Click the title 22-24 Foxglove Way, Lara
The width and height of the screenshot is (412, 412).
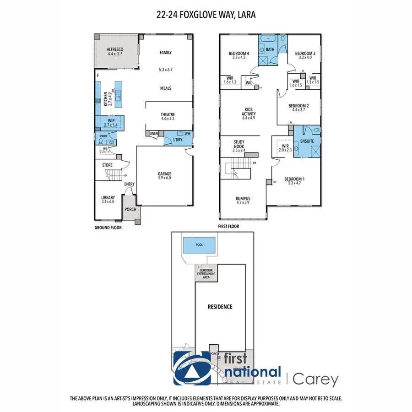[x=206, y=15]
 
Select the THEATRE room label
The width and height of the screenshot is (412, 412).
[x=168, y=114]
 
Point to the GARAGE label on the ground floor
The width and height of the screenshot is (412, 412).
[x=164, y=173]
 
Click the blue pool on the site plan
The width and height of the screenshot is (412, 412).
[x=199, y=246]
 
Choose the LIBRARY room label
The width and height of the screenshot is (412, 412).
[x=108, y=198]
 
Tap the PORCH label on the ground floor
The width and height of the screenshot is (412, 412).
[x=130, y=211]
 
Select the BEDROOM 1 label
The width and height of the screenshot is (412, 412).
[x=293, y=179]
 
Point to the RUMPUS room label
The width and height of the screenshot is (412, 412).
[x=243, y=198]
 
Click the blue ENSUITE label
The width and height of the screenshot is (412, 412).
[x=307, y=141]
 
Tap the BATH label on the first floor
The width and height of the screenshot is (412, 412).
[x=270, y=49]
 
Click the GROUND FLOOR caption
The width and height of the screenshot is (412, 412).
[x=108, y=227]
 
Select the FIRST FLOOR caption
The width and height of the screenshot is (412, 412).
[x=228, y=226]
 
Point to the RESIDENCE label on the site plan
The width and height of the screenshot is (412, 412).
[x=220, y=307]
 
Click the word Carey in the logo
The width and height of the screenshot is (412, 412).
[x=316, y=379]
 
